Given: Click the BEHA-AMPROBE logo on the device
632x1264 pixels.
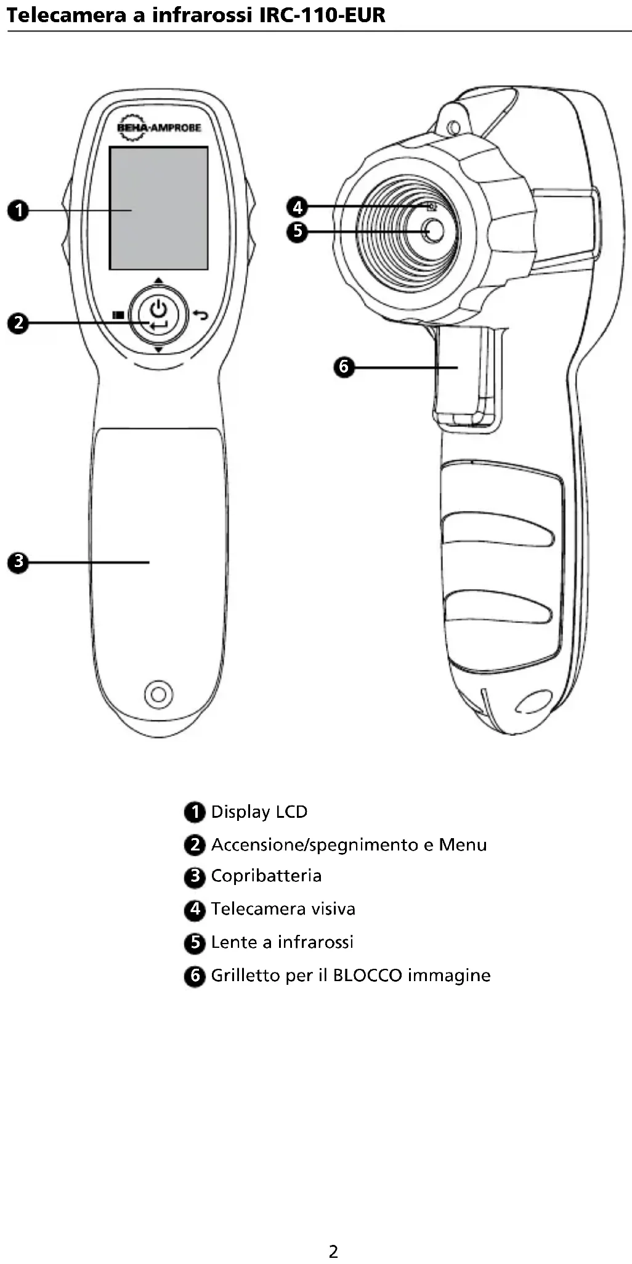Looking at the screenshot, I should (x=158, y=128).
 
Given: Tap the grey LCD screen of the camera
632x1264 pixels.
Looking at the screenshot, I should (x=158, y=208).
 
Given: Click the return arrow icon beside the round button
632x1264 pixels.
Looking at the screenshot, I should (x=200, y=315).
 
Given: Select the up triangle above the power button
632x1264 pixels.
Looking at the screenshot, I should (x=158, y=280).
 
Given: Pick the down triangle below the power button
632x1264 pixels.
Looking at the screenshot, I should (x=158, y=350).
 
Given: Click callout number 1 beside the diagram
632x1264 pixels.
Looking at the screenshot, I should (x=18, y=210).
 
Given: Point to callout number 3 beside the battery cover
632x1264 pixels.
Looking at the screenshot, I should (x=18, y=562).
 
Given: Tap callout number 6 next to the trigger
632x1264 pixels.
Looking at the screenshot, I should (x=344, y=367).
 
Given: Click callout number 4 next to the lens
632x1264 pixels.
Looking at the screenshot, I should (x=298, y=206).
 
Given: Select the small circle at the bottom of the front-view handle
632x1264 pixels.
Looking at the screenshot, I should (x=158, y=694).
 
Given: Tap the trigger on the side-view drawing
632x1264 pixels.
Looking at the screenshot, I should (x=459, y=376).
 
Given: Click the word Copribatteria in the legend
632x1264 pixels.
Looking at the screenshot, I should (x=266, y=876).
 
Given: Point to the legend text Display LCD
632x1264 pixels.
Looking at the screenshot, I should (x=259, y=812).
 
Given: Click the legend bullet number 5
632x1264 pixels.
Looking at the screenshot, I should (x=195, y=942).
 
